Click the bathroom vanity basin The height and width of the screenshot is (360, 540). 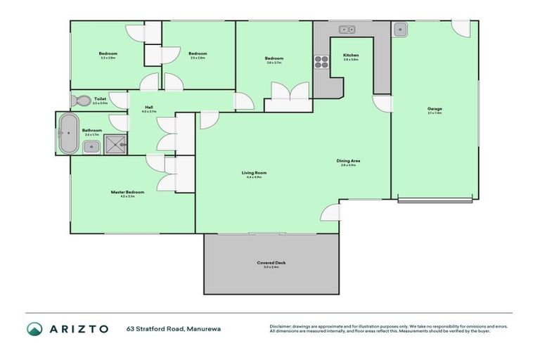(x=91, y=146)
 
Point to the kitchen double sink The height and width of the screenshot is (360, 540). (x=347, y=30)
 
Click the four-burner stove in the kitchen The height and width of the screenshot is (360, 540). (x=321, y=61)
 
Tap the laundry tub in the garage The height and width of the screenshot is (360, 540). (x=399, y=30)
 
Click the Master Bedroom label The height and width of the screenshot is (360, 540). (x=127, y=192)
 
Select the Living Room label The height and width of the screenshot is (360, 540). (x=254, y=172)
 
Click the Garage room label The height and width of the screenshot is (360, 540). (x=435, y=108)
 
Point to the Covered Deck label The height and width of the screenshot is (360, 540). (x=271, y=262)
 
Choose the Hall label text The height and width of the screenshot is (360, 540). (x=148, y=108)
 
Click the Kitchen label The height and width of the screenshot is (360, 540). (x=351, y=55)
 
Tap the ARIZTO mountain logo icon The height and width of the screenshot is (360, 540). (x=34, y=328)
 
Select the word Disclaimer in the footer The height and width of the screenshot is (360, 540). (x=281, y=326)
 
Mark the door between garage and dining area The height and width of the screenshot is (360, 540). (x=382, y=104)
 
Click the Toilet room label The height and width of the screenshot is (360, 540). (x=99, y=99)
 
